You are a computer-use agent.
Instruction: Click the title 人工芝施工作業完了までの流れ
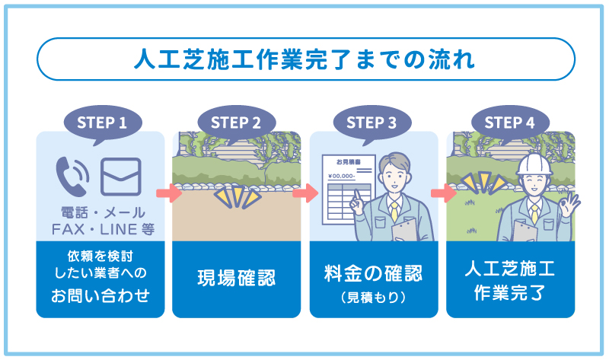(304, 59)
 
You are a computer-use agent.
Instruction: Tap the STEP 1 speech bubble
(100, 122)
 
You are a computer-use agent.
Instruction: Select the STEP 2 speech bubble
(236, 122)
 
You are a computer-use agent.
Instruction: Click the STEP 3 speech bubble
(371, 122)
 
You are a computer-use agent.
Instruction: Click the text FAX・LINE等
(100, 228)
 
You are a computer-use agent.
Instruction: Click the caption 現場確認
(236, 279)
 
